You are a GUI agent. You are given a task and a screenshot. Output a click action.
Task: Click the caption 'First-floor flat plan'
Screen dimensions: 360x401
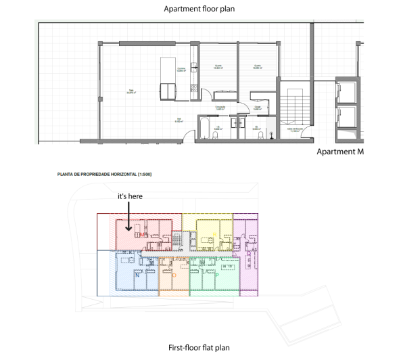point(199,348)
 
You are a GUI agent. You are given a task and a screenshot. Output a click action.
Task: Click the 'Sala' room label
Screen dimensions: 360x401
point(132,91)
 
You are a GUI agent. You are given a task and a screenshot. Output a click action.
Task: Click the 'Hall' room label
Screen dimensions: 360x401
point(178,120)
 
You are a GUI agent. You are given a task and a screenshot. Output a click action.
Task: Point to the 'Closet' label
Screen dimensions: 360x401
point(258,107)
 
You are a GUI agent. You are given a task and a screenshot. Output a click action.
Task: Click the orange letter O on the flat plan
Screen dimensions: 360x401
point(174,275)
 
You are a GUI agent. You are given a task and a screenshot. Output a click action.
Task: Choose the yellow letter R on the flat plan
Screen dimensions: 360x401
point(215,233)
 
